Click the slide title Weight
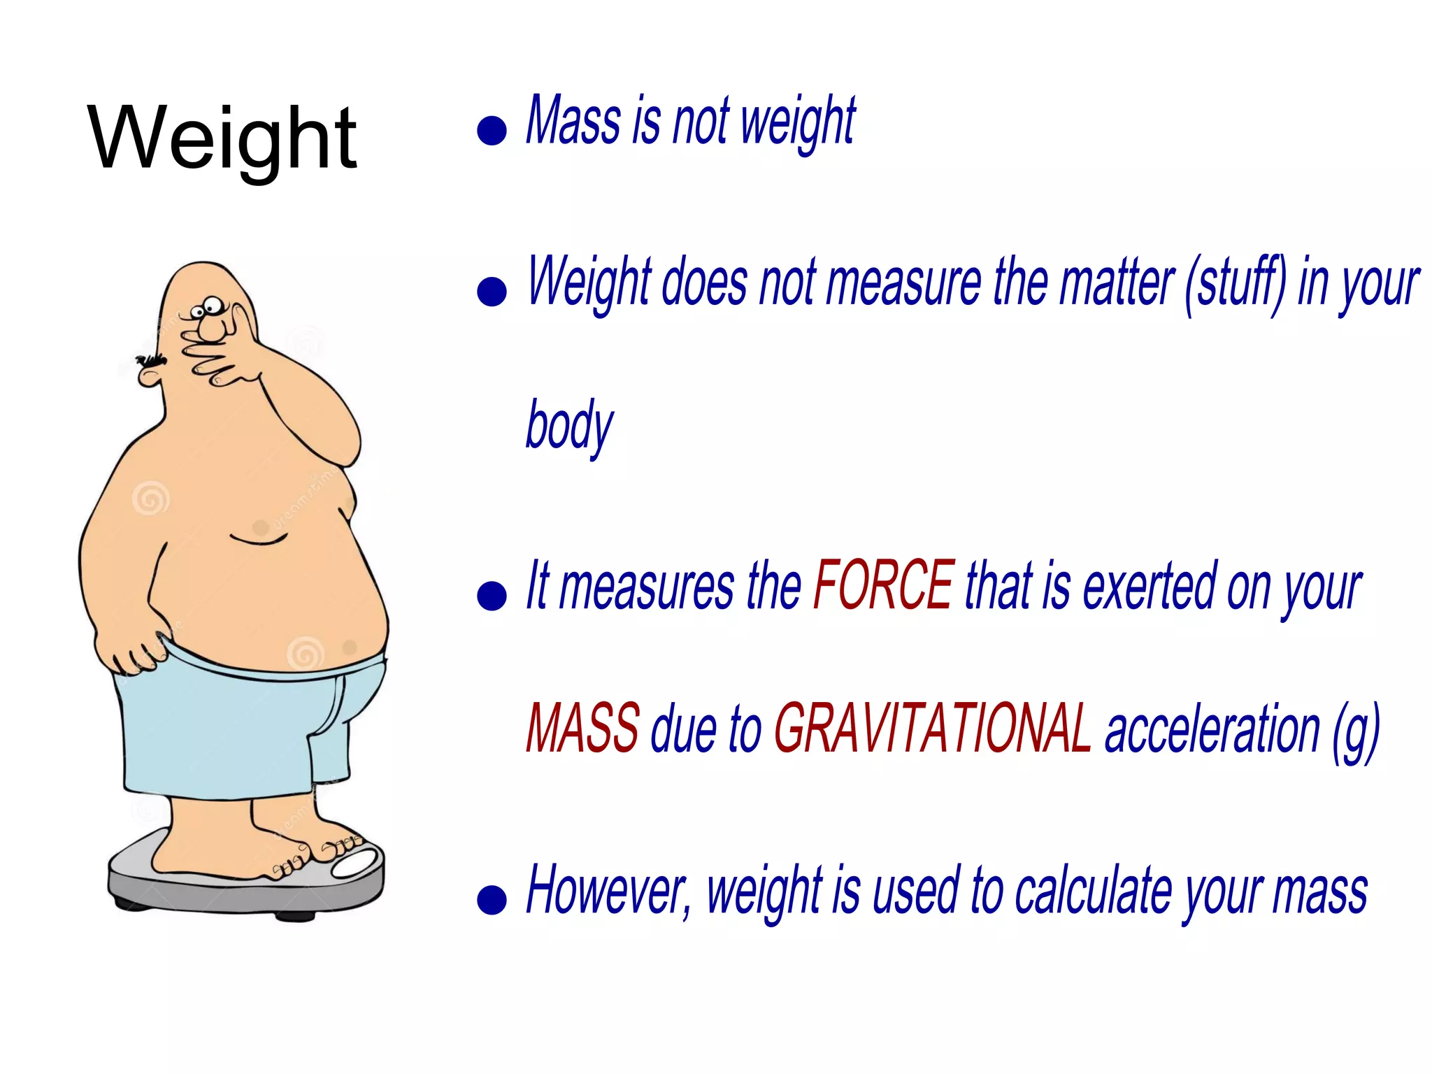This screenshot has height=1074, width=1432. click(222, 138)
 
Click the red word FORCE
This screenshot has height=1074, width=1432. click(884, 585)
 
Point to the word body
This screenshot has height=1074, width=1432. click(569, 426)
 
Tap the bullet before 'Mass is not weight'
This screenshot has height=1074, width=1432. click(492, 130)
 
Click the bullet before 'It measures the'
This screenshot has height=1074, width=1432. click(492, 596)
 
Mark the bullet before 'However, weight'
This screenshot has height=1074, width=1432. click(492, 899)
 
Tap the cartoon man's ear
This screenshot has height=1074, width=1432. click(149, 376)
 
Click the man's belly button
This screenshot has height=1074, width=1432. click(260, 528)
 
